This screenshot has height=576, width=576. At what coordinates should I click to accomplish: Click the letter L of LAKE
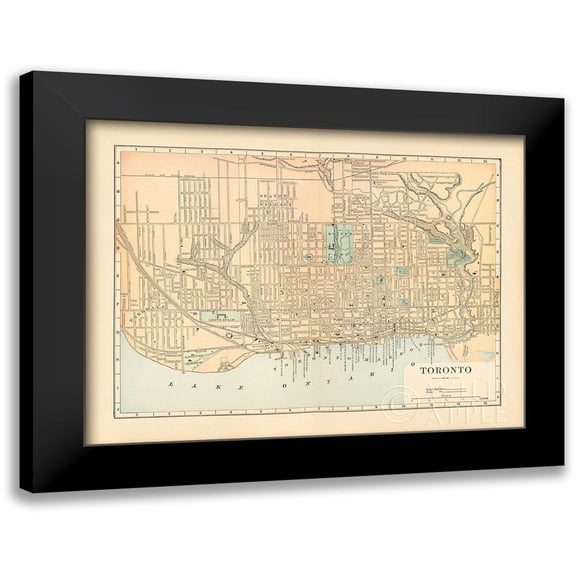[x=171, y=385]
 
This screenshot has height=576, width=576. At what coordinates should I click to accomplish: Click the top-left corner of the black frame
[x=21, y=74]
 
